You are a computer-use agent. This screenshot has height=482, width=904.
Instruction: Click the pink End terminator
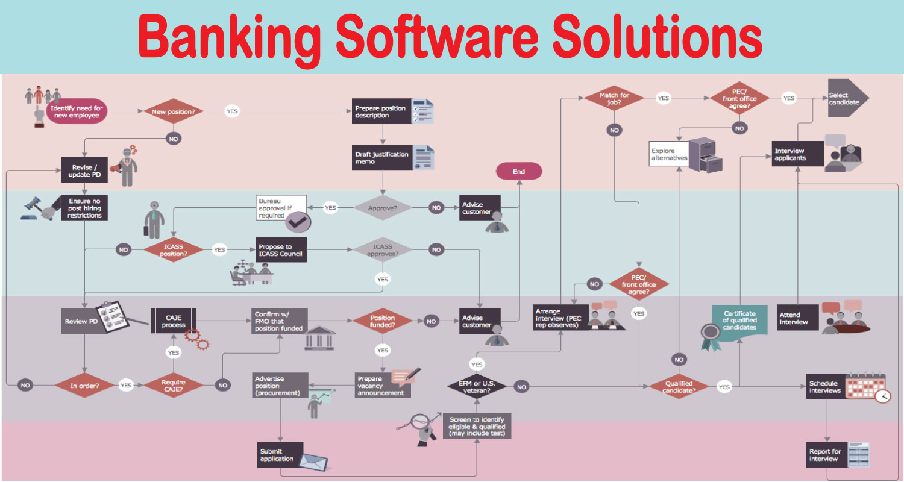(519, 172)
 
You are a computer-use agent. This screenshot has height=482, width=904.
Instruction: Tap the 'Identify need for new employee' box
(77, 111)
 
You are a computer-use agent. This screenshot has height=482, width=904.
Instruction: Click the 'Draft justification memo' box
(381, 158)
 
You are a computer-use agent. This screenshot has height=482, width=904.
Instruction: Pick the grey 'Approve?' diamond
(383, 208)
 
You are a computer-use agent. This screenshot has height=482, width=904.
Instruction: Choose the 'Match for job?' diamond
(614, 98)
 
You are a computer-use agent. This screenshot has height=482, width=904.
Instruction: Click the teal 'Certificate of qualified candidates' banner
(739, 319)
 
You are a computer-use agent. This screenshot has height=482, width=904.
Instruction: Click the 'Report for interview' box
(825, 455)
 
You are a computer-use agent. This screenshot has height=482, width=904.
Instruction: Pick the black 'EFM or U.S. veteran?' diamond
(477, 386)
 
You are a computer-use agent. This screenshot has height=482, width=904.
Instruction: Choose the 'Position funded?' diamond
(383, 321)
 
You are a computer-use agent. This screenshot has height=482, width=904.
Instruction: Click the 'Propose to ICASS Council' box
(281, 250)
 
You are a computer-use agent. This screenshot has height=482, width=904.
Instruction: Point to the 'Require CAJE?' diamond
(173, 386)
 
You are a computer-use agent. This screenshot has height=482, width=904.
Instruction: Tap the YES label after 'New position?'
(232, 111)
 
